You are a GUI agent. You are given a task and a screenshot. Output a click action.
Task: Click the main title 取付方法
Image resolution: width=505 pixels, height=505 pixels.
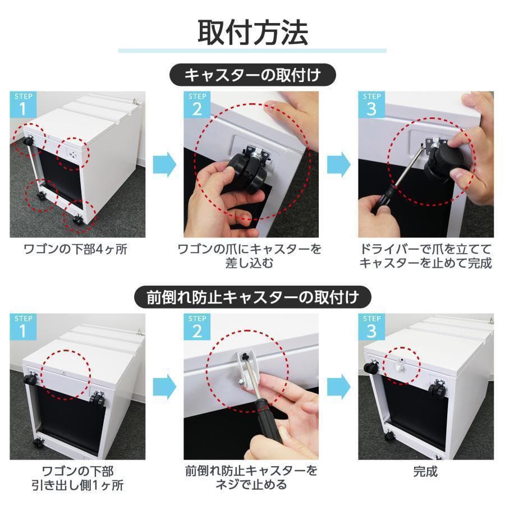pyautogui.click(x=252, y=32)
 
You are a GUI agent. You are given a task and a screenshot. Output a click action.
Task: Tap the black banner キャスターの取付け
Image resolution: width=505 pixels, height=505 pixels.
pyautogui.click(x=252, y=74)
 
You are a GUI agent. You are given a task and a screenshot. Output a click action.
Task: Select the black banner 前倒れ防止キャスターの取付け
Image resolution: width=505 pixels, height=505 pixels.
pyautogui.click(x=252, y=296)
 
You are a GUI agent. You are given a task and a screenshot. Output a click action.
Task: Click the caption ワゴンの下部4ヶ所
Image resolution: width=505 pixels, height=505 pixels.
pyautogui.click(x=75, y=249)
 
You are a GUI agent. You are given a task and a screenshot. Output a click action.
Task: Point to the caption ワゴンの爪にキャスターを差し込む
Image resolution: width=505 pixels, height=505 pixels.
pyautogui.click(x=250, y=255)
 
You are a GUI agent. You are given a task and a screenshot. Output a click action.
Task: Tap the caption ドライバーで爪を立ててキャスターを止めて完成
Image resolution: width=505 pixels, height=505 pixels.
pyautogui.click(x=426, y=255)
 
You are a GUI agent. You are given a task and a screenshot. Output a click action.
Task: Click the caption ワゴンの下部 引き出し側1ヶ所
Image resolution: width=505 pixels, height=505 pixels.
pyautogui.click(x=75, y=477)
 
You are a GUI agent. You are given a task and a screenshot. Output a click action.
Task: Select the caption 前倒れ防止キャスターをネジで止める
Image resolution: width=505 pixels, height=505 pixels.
pyautogui.click(x=250, y=477)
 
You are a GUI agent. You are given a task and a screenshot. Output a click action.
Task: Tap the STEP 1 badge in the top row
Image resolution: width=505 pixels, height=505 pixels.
pyautogui.click(x=23, y=105)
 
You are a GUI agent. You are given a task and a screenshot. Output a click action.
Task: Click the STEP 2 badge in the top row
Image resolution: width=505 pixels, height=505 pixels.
pyautogui.click(x=197, y=105)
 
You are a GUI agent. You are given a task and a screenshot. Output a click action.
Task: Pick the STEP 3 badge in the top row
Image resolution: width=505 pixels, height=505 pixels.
pyautogui.click(x=371, y=105)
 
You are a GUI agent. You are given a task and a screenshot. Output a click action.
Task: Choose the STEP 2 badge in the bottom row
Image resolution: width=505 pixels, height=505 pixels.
pyautogui.click(x=197, y=327)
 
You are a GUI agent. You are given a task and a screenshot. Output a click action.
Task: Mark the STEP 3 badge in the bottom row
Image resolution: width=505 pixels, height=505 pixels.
pyautogui.click(x=371, y=327)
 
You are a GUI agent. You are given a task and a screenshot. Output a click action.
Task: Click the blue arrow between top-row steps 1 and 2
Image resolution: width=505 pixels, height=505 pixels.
pyautogui.click(x=164, y=164)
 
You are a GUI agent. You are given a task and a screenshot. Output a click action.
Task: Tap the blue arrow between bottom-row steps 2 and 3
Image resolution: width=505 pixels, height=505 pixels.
pyautogui.click(x=338, y=387)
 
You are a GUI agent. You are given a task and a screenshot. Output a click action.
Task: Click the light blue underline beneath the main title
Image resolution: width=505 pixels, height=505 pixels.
pyautogui.click(x=252, y=51)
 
